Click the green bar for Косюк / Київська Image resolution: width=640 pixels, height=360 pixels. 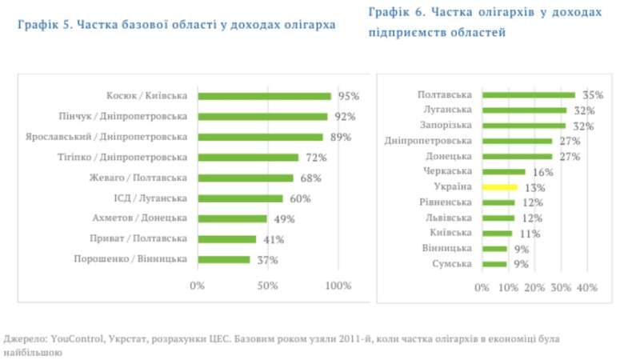(x=264, y=96)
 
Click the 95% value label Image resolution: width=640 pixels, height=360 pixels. (x=348, y=96)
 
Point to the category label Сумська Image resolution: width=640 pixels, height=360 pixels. (x=451, y=264)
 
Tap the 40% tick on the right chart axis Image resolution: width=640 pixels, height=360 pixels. (x=587, y=287)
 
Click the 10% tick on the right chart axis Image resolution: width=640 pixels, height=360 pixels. (x=508, y=287)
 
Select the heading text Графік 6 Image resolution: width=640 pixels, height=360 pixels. (x=395, y=13)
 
